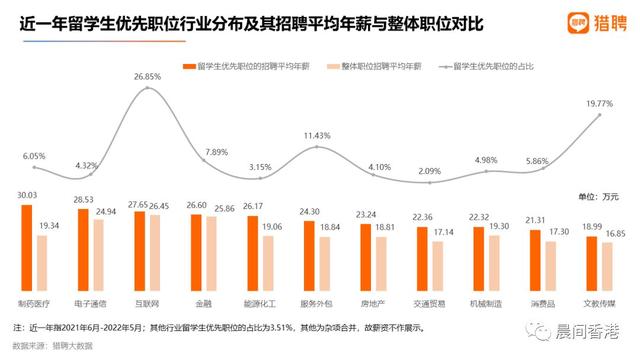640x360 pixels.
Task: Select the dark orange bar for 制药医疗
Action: click(26, 249)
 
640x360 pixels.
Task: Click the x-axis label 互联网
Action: click(147, 301)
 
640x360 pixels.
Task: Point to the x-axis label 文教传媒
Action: click(599, 301)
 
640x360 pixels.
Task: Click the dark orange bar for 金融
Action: click(196, 254)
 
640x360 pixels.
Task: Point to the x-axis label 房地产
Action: click(373, 301)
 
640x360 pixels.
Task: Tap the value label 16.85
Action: click(613, 233)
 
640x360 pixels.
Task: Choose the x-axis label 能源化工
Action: click(260, 301)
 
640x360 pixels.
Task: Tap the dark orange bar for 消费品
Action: click(535, 262)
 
